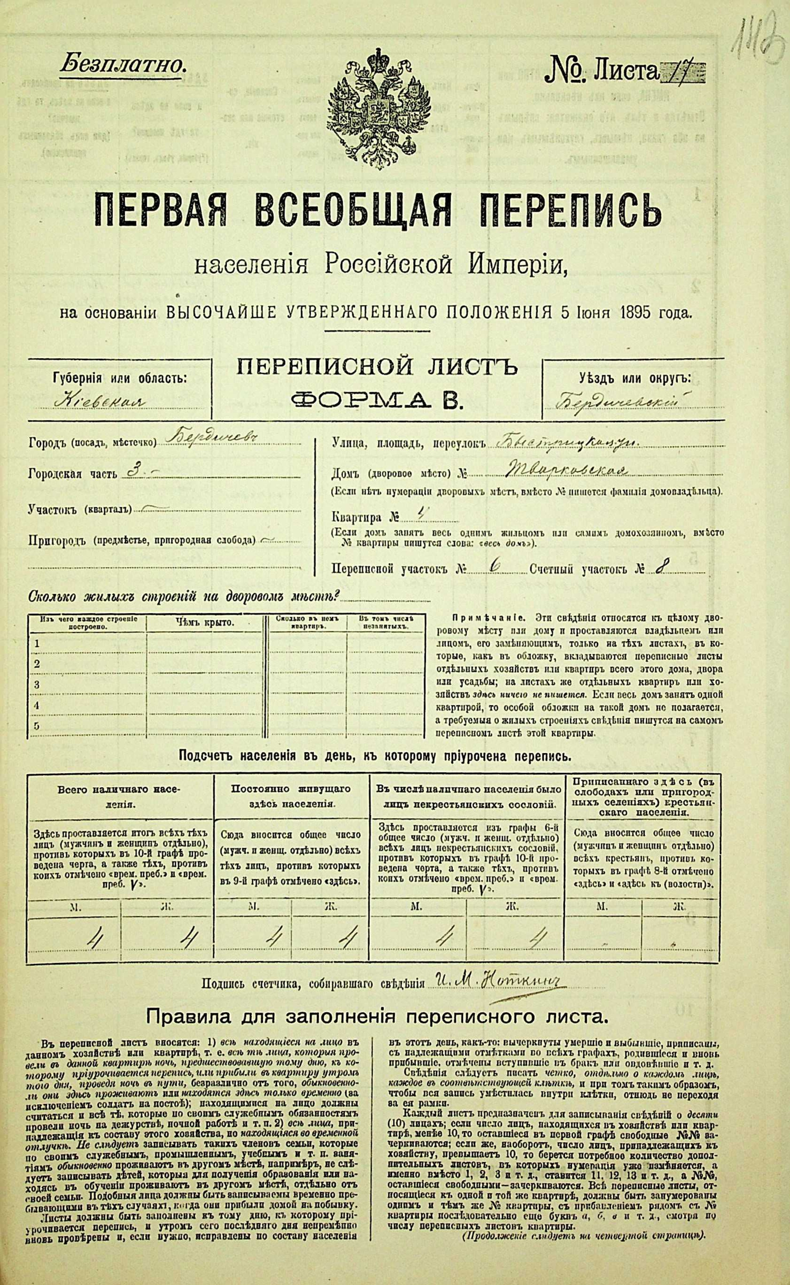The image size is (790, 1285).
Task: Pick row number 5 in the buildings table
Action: click(x=37, y=726)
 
